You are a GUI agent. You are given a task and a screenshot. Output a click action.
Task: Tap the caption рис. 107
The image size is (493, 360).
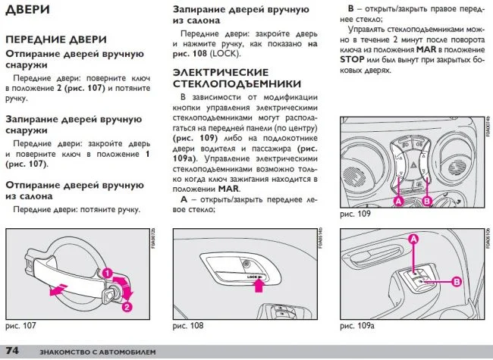click(x=21, y=325)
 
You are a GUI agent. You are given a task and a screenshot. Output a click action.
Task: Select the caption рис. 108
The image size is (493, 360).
click(x=188, y=325)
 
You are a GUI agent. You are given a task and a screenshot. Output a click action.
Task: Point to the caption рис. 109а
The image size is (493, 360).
click(x=357, y=325)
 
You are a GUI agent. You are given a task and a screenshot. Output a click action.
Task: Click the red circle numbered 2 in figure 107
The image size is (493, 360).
click(x=127, y=307)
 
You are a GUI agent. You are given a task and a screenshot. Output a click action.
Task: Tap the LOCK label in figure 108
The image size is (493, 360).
click(x=253, y=278)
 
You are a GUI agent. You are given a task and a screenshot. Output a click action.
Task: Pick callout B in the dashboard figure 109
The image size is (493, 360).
click(x=425, y=202)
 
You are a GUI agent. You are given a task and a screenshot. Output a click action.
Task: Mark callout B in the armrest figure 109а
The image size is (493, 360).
click(x=456, y=281)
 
